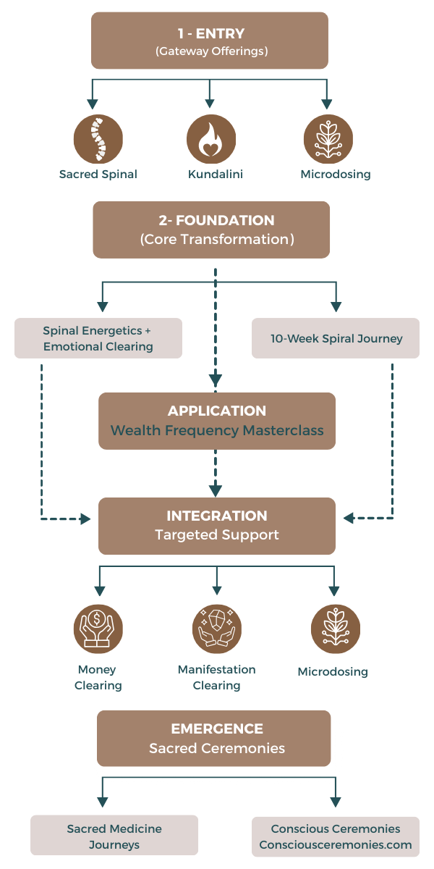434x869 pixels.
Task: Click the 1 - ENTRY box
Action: click(210, 41)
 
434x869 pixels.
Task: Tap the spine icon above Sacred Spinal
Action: click(98, 139)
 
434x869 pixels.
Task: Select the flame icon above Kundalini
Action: click(211, 139)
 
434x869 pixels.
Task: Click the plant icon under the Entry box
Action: click(328, 139)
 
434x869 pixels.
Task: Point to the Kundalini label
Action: click(211, 175)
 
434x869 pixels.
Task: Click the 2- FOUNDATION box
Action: click(211, 230)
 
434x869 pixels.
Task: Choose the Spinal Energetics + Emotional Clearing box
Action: click(98, 338)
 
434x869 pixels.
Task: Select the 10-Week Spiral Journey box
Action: click(336, 338)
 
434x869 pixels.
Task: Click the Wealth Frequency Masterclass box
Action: click(217, 421)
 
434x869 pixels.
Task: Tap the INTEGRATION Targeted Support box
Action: click(217, 526)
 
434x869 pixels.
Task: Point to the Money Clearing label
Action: click(98, 677)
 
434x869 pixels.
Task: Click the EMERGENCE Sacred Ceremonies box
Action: click(214, 738)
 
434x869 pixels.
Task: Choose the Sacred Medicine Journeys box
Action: click(114, 835)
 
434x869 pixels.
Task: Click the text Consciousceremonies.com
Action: click(336, 844)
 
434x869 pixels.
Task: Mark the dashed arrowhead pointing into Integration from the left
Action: click(85, 519)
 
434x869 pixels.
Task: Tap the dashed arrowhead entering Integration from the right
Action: click(349, 519)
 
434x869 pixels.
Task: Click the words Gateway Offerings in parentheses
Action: click(210, 51)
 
